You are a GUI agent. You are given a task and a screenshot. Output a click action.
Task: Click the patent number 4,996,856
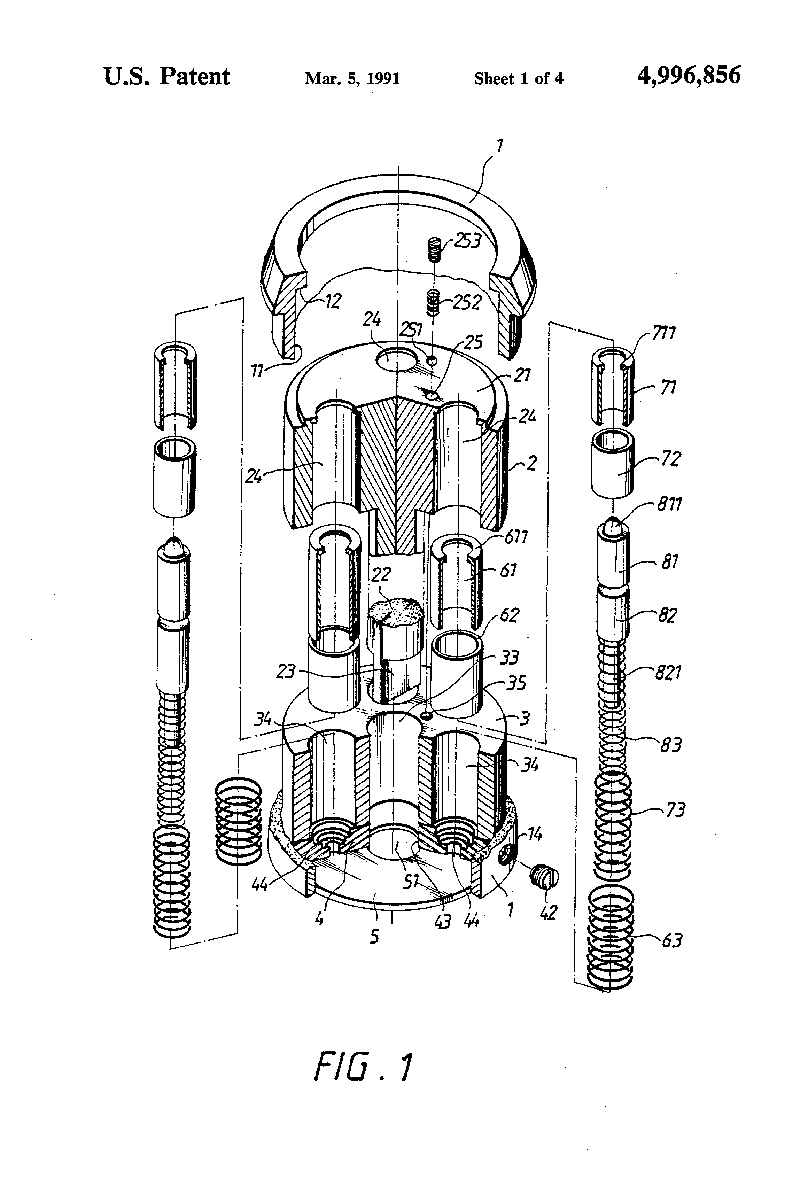click(x=689, y=76)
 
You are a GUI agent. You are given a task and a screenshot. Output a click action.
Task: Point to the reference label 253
click(x=467, y=240)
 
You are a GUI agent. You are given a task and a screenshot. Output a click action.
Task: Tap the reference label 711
click(x=663, y=334)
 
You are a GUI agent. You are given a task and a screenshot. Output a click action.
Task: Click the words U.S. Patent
click(x=167, y=77)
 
